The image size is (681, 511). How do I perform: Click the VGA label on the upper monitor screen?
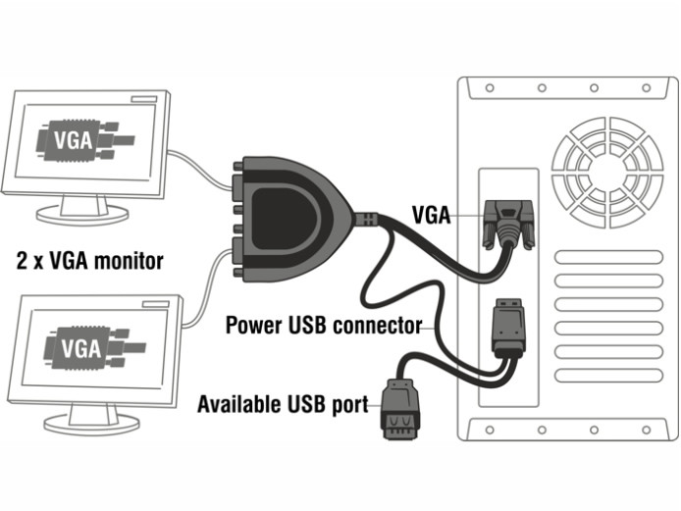click(76, 139)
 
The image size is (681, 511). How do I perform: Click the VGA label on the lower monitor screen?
click(80, 347)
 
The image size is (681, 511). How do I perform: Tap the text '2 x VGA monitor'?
click(90, 261)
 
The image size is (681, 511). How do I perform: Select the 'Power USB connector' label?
click(324, 325)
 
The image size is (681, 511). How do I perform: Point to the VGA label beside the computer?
click(431, 215)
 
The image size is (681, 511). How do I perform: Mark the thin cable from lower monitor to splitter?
click(206, 284)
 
